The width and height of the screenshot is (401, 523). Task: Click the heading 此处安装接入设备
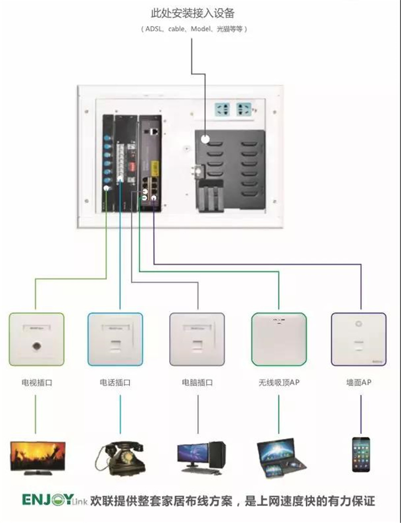pyautogui.click(x=192, y=13)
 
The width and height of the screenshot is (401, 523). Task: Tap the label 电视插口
pyautogui.click(x=36, y=383)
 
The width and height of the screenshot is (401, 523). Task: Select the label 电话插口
pyautogui.click(x=115, y=383)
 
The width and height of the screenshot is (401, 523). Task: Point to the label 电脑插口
pyautogui.click(x=197, y=383)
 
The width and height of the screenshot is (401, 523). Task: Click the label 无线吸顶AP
pyautogui.click(x=279, y=383)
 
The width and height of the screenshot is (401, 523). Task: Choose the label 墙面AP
pyautogui.click(x=358, y=383)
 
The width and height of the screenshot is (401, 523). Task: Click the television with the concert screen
pyautogui.click(x=37, y=457)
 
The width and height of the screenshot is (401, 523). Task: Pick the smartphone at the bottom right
pyautogui.click(x=361, y=454)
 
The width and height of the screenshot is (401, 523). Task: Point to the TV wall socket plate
pyautogui.click(x=36, y=339)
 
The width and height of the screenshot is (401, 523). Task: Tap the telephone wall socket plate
pyautogui.click(x=115, y=339)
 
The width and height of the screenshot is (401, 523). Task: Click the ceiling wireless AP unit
pyautogui.click(x=279, y=339)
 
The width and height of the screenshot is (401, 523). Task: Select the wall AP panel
pyautogui.click(x=358, y=339)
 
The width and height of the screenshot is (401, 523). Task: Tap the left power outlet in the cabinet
pyautogui.click(x=223, y=109)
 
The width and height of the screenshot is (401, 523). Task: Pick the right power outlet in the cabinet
pyautogui.click(x=244, y=109)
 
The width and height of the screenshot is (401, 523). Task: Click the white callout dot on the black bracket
pyautogui.click(x=205, y=139)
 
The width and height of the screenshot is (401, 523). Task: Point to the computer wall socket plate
pyautogui.click(x=197, y=339)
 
